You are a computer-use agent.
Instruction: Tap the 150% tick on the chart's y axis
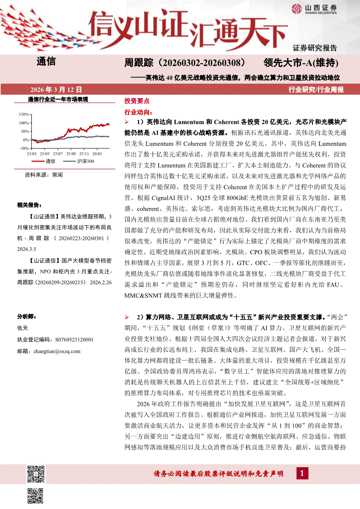(24, 114)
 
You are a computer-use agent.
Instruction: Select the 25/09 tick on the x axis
(71, 154)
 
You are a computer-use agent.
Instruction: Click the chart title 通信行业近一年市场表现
(58, 99)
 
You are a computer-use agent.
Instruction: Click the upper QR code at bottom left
(36, 473)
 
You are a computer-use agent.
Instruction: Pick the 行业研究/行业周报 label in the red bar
(316, 90)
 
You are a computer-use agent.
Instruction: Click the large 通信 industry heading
(46, 61)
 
